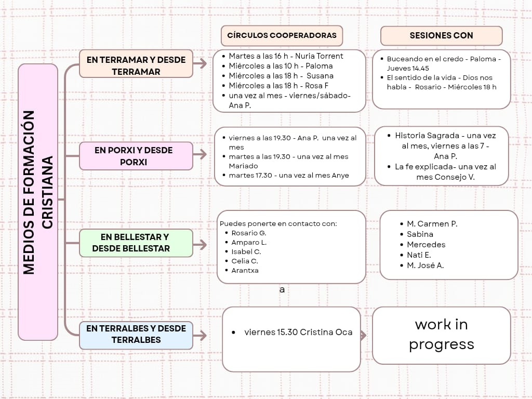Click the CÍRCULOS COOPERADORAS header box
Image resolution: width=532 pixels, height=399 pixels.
pos(282,36)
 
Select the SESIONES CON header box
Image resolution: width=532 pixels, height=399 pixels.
pos(441,36)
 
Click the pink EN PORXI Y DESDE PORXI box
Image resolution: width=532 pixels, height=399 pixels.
pos(136,156)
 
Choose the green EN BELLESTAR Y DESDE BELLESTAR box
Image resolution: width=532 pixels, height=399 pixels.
pos(136,243)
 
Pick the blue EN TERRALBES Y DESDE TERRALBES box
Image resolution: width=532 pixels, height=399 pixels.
pos(136,335)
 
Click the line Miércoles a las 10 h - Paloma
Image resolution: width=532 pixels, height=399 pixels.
pos(281,66)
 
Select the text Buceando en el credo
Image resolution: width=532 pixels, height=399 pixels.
pos(416,59)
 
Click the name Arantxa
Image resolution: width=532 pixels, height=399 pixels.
pos(245,270)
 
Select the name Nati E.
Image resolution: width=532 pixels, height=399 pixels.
pos(419,255)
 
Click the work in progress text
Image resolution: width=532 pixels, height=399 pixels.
pos(441,335)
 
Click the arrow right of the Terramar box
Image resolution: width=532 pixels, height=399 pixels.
pos(200,64)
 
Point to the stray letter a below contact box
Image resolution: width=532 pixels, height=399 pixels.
pos(282,290)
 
